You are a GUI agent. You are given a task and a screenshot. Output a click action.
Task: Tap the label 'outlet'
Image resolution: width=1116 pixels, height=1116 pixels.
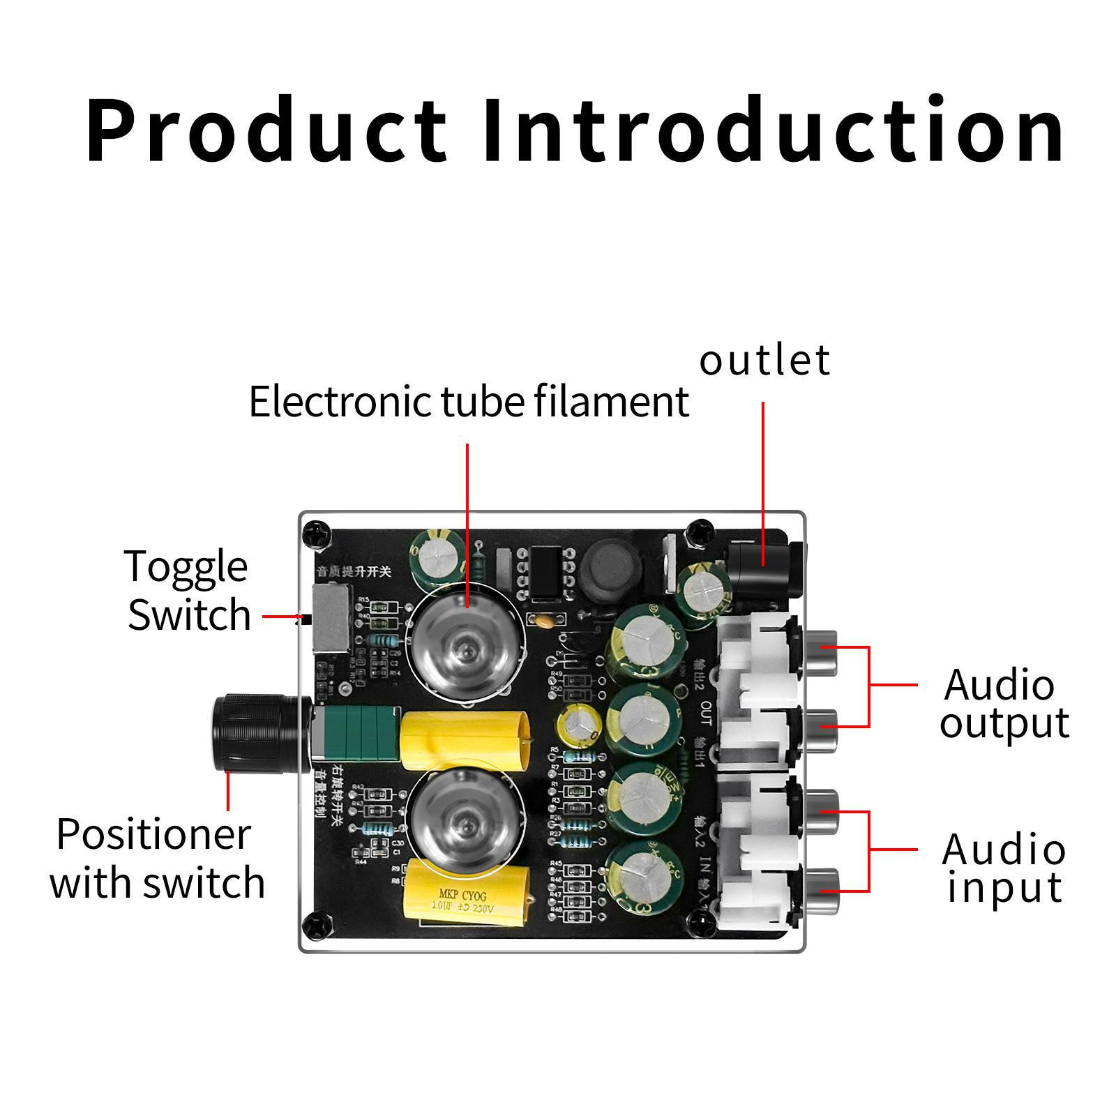pos(764,361)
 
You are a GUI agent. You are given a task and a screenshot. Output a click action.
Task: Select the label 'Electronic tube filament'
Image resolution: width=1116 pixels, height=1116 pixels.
pos(469,402)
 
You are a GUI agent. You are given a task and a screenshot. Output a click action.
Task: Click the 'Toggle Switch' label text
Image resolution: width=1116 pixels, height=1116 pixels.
pos(188,590)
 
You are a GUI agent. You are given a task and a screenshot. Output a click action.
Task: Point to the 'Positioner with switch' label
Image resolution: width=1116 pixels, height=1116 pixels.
pos(157,858)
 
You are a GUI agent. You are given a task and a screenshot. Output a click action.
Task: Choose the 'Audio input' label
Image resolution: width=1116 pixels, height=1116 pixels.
pos(1003,868)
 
